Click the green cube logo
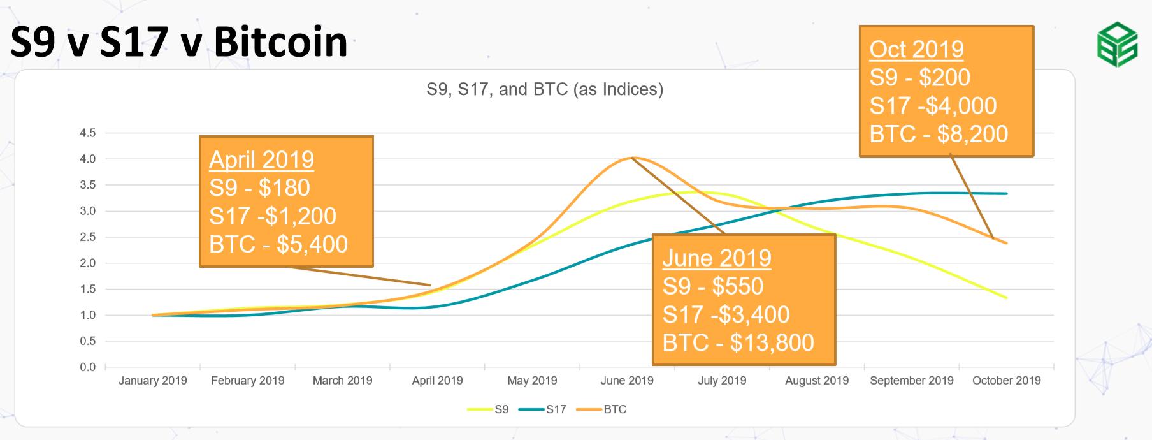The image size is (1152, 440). pyautogui.click(x=1117, y=44)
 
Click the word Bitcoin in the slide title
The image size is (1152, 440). pyautogui.click(x=280, y=42)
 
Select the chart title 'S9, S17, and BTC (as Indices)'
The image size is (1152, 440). pyautogui.click(x=545, y=89)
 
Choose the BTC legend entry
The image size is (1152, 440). pyautogui.click(x=601, y=409)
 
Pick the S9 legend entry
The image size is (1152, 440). pyautogui.click(x=488, y=409)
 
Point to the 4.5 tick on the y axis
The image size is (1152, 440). pyautogui.click(x=88, y=133)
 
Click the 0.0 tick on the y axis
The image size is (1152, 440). pyautogui.click(x=88, y=367)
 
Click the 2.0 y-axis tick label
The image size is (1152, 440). pyautogui.click(x=88, y=263)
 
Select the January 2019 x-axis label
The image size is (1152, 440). pyautogui.click(x=153, y=381)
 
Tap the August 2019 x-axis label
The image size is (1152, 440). pyautogui.click(x=817, y=381)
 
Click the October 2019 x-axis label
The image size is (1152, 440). pyautogui.click(x=1007, y=381)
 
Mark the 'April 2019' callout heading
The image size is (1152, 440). pyautogui.click(x=262, y=159)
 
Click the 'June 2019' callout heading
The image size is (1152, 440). pyautogui.click(x=717, y=258)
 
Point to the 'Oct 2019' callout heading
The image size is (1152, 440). pyautogui.click(x=917, y=49)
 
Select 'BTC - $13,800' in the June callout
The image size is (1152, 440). pyautogui.click(x=738, y=342)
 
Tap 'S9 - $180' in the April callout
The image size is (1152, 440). pyautogui.click(x=260, y=188)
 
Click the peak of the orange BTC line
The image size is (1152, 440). pyautogui.click(x=631, y=158)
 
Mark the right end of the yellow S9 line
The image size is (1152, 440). pyautogui.click(x=1007, y=298)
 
